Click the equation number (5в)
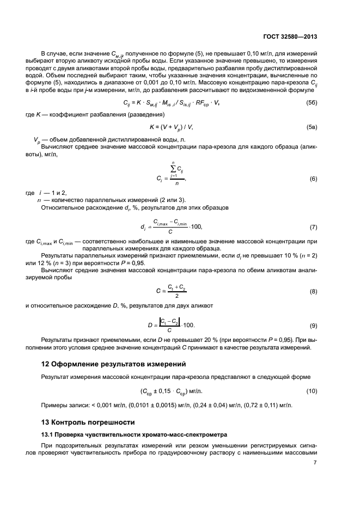point(311,127)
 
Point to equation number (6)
point(313,179)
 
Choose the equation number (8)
point(313,292)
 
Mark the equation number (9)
point(313,326)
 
